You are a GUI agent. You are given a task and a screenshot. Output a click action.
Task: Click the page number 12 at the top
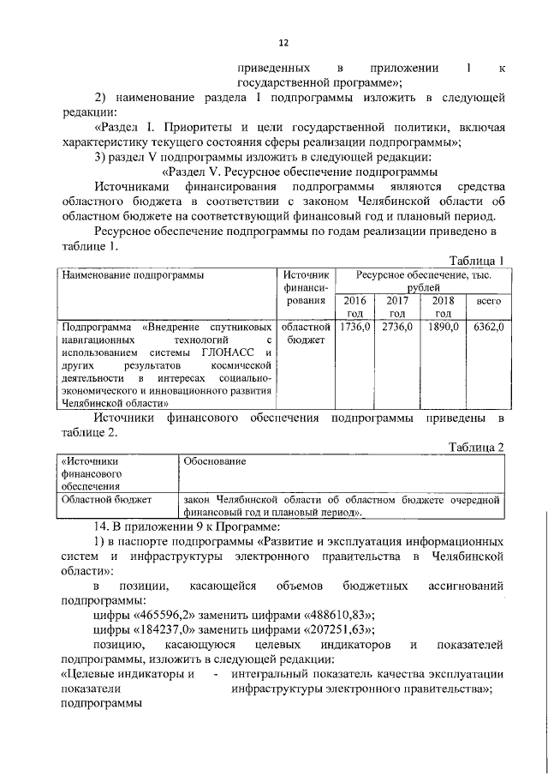click(283, 42)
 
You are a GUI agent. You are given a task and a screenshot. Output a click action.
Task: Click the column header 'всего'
click(489, 302)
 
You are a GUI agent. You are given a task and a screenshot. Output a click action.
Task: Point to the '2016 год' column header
click(353, 308)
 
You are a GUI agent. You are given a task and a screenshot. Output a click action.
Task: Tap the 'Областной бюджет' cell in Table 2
click(105, 498)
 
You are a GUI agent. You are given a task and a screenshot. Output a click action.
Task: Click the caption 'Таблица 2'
click(478, 446)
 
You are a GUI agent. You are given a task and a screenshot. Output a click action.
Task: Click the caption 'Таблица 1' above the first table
click(478, 261)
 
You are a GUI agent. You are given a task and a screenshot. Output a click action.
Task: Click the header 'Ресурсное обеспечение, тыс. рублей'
click(420, 281)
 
